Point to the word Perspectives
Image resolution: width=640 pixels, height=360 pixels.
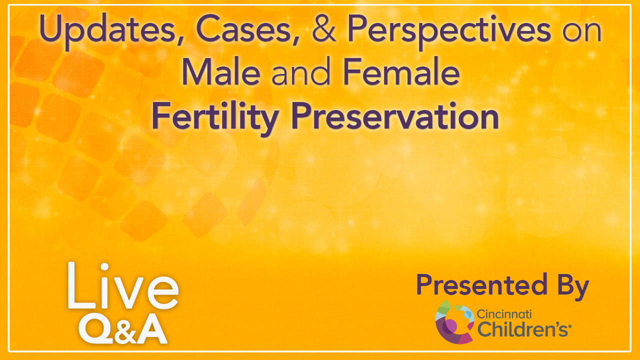[x=449, y=30]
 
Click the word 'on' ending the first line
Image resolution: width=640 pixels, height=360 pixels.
[x=581, y=31]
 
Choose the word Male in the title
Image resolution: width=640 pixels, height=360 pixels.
[x=221, y=71]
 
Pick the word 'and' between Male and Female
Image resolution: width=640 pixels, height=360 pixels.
[x=301, y=71]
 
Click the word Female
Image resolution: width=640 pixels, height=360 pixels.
[x=401, y=71]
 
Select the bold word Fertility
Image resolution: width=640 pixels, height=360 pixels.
[x=215, y=117]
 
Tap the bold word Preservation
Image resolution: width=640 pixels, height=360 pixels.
[x=395, y=115]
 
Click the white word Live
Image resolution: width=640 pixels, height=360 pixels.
[x=123, y=285]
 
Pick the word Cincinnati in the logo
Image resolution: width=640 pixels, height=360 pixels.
[x=504, y=314]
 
